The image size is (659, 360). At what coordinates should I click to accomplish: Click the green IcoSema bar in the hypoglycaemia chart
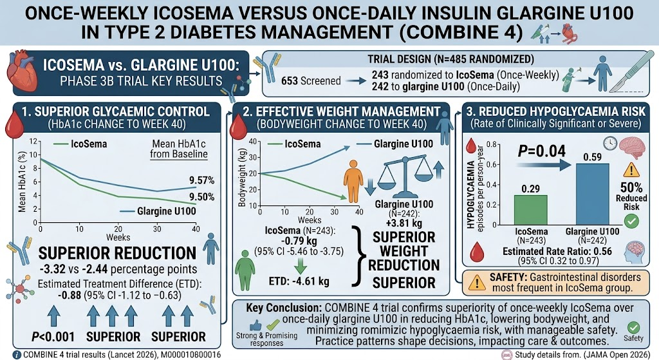pyautogui.click(x=531, y=210)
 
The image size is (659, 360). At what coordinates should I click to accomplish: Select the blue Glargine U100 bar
pyautogui.click(x=592, y=194)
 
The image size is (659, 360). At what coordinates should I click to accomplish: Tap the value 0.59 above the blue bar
pyautogui.click(x=592, y=157)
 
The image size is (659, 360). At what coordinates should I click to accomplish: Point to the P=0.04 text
pyautogui.click(x=541, y=151)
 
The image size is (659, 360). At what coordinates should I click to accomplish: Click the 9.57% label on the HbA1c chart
pyautogui.click(x=201, y=180)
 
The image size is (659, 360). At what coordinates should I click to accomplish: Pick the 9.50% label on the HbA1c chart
pyautogui.click(x=201, y=197)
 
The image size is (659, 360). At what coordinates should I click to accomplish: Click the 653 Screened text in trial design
pyautogui.click(x=311, y=81)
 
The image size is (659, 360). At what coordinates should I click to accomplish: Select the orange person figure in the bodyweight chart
pyautogui.click(x=353, y=181)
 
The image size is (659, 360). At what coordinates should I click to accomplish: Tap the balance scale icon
pyautogui.click(x=405, y=176)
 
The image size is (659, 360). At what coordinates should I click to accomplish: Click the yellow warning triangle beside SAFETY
pyautogui.click(x=477, y=283)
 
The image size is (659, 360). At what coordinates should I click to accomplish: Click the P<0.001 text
pyautogui.click(x=53, y=337)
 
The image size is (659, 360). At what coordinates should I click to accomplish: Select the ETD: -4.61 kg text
pyautogui.click(x=299, y=281)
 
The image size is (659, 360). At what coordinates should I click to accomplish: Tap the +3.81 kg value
pyautogui.click(x=404, y=223)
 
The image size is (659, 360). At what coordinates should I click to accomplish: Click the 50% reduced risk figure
pyautogui.click(x=631, y=187)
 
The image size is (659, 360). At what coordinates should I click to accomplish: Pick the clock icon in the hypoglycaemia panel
pyautogui.click(x=609, y=144)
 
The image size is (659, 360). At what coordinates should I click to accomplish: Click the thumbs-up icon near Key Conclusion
pyautogui.click(x=255, y=325)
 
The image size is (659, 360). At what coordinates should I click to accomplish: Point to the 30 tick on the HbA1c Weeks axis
pyautogui.click(x=157, y=229)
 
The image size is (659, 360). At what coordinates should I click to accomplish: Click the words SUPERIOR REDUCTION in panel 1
pyautogui.click(x=117, y=253)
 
